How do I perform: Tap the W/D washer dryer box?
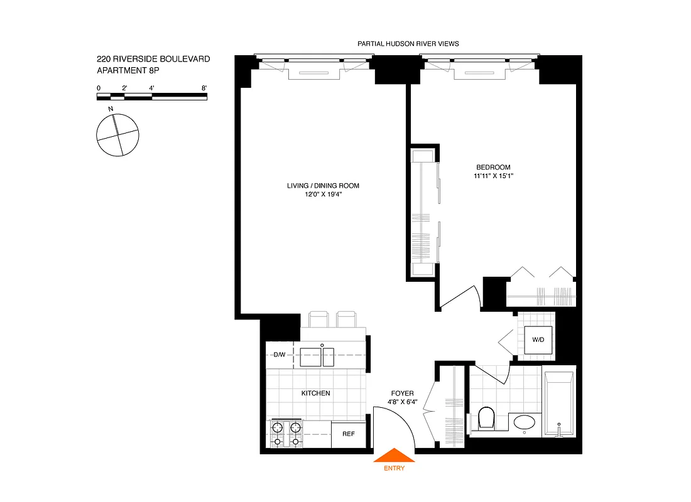tap(538, 340)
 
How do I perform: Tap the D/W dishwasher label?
tap(280, 355)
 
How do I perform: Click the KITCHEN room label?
tap(315, 393)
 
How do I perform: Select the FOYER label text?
tap(403, 393)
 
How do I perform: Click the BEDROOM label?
tap(493, 168)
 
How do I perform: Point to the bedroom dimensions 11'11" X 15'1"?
tap(493, 176)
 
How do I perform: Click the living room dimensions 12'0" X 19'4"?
tap(323, 195)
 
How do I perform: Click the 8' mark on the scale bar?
tap(205, 88)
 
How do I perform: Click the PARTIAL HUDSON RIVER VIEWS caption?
tap(408, 44)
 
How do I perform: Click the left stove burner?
tap(276, 430)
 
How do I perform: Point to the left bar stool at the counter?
tap(318, 319)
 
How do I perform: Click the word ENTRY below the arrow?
tap(394, 468)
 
